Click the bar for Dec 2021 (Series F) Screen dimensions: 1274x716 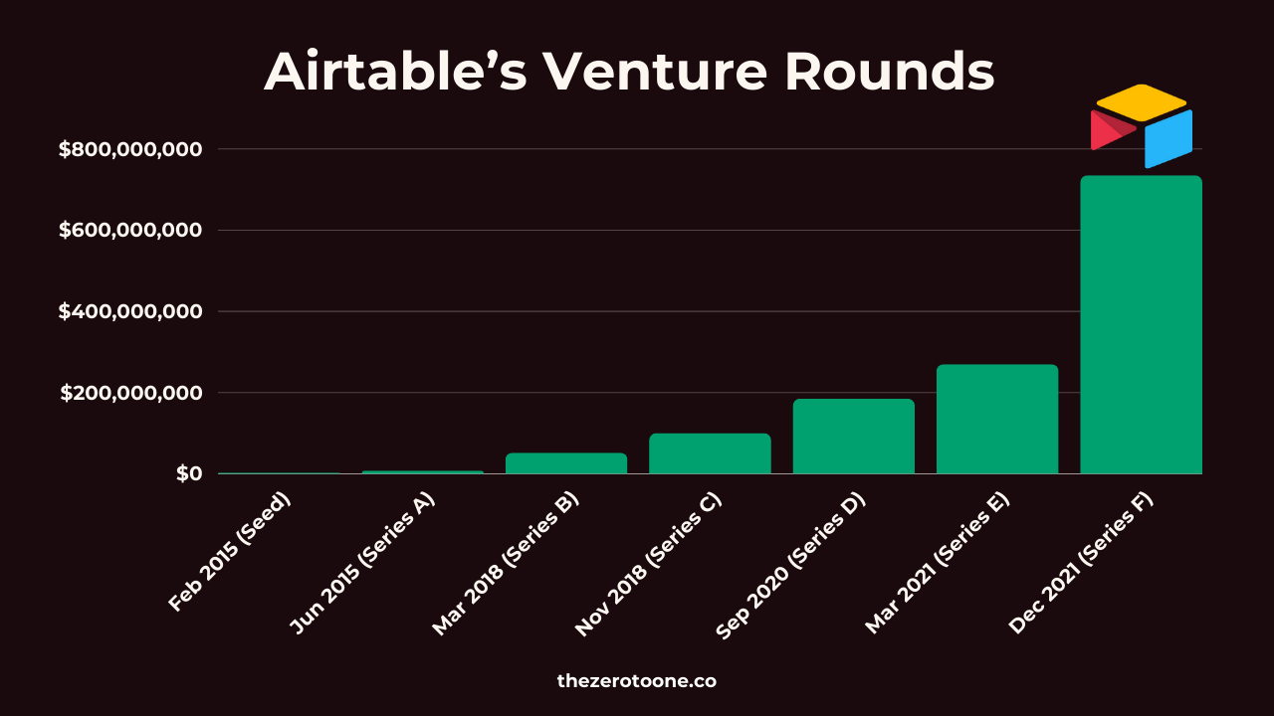[1141, 324]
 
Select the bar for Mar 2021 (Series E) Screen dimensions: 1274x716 [997, 419]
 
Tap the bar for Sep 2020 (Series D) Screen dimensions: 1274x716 [854, 437]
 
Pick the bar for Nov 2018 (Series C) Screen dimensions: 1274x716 [710, 453]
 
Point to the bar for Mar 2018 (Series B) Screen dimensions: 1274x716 [566, 463]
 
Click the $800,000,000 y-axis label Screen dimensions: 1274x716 [130, 149]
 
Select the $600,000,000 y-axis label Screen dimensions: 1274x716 [130, 230]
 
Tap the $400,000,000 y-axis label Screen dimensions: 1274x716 [130, 311]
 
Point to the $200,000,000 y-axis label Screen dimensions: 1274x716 [130, 393]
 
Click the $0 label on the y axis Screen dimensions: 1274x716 [189, 473]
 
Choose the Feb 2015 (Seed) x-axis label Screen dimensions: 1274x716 [229, 552]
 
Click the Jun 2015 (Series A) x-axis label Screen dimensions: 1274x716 [361, 563]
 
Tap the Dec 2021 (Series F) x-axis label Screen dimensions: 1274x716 [1081, 563]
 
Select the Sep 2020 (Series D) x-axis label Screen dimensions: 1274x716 [790, 566]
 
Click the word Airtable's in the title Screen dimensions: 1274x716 [396, 72]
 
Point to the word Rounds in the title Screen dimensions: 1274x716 [890, 72]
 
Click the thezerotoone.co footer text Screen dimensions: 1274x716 [636, 681]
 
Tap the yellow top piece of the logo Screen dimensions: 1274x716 [1141, 102]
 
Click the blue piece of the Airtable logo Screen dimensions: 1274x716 [1168, 139]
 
